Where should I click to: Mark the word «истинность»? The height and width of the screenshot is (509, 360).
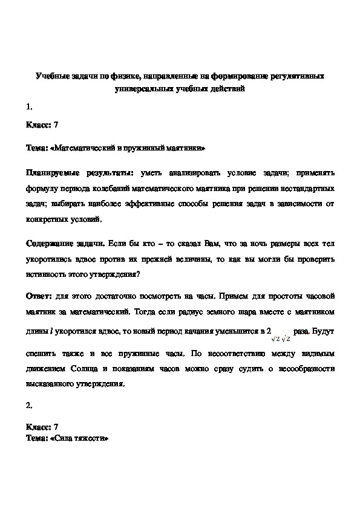(45, 273)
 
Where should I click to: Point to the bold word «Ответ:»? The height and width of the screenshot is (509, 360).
(39, 296)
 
